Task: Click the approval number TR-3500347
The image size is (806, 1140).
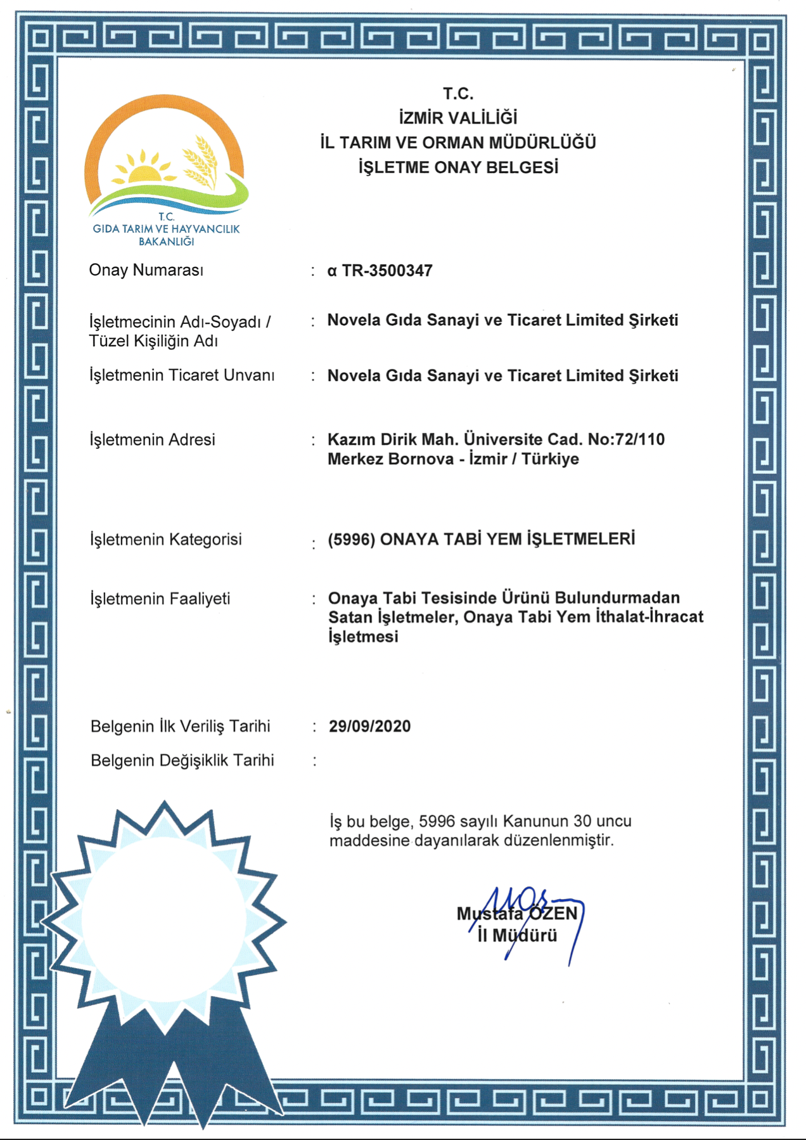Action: coord(387,271)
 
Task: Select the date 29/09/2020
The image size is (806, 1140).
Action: coord(369,726)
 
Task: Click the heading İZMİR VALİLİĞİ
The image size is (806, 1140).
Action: coord(457,118)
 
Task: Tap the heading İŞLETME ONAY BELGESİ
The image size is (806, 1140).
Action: coord(458,167)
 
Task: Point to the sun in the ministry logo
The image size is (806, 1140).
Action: coord(144,170)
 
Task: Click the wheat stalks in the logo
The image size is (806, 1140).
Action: coord(201,161)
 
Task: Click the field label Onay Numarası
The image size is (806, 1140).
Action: coord(146,270)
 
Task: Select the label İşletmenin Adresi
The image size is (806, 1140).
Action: coord(152,439)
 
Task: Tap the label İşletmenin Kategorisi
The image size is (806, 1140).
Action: coord(165,540)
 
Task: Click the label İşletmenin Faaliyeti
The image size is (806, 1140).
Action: coord(160,599)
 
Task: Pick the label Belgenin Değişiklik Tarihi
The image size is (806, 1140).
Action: coord(182,760)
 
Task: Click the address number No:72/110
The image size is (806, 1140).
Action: coord(626,439)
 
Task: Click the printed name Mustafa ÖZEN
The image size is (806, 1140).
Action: coord(517,914)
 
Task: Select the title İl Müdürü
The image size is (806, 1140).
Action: coord(517,935)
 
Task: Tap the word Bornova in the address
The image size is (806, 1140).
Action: coord(421,458)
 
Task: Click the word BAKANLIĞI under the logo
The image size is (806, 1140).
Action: coord(166,242)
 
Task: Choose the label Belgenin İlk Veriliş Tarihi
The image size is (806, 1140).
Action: coord(180,726)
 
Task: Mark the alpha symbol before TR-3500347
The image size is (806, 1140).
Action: coord(332,271)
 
